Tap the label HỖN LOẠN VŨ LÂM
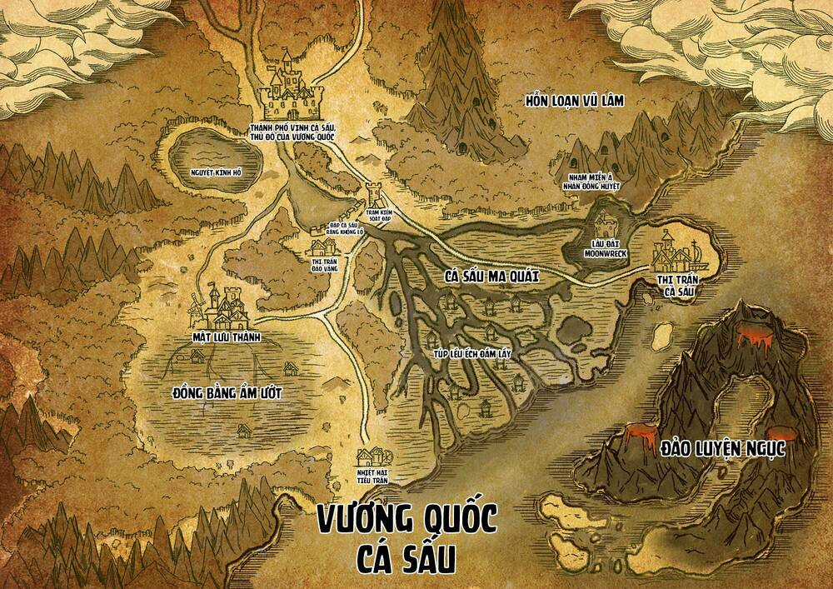point(575,102)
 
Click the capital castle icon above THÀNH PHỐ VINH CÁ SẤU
point(290,87)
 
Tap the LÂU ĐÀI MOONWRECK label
point(605,247)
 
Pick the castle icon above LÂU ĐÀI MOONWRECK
point(604,222)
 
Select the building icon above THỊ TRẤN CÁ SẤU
point(674,249)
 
